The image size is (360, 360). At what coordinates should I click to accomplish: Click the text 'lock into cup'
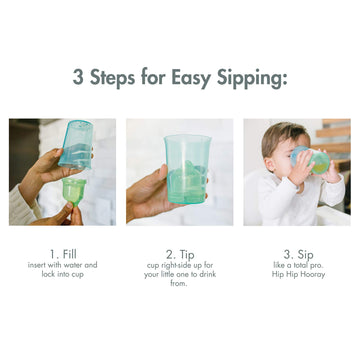coord(63,274)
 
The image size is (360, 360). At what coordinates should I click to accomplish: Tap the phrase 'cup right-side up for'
coord(180,265)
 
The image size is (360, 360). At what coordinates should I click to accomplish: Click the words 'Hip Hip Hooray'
coord(297,274)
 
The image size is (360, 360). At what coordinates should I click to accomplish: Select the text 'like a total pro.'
coord(297,265)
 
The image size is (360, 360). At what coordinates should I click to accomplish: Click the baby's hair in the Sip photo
coord(284,135)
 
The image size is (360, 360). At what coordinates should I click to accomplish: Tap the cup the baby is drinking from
coord(312,162)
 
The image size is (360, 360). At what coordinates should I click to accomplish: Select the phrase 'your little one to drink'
coord(180,274)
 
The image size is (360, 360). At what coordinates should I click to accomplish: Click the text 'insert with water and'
coord(63,265)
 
